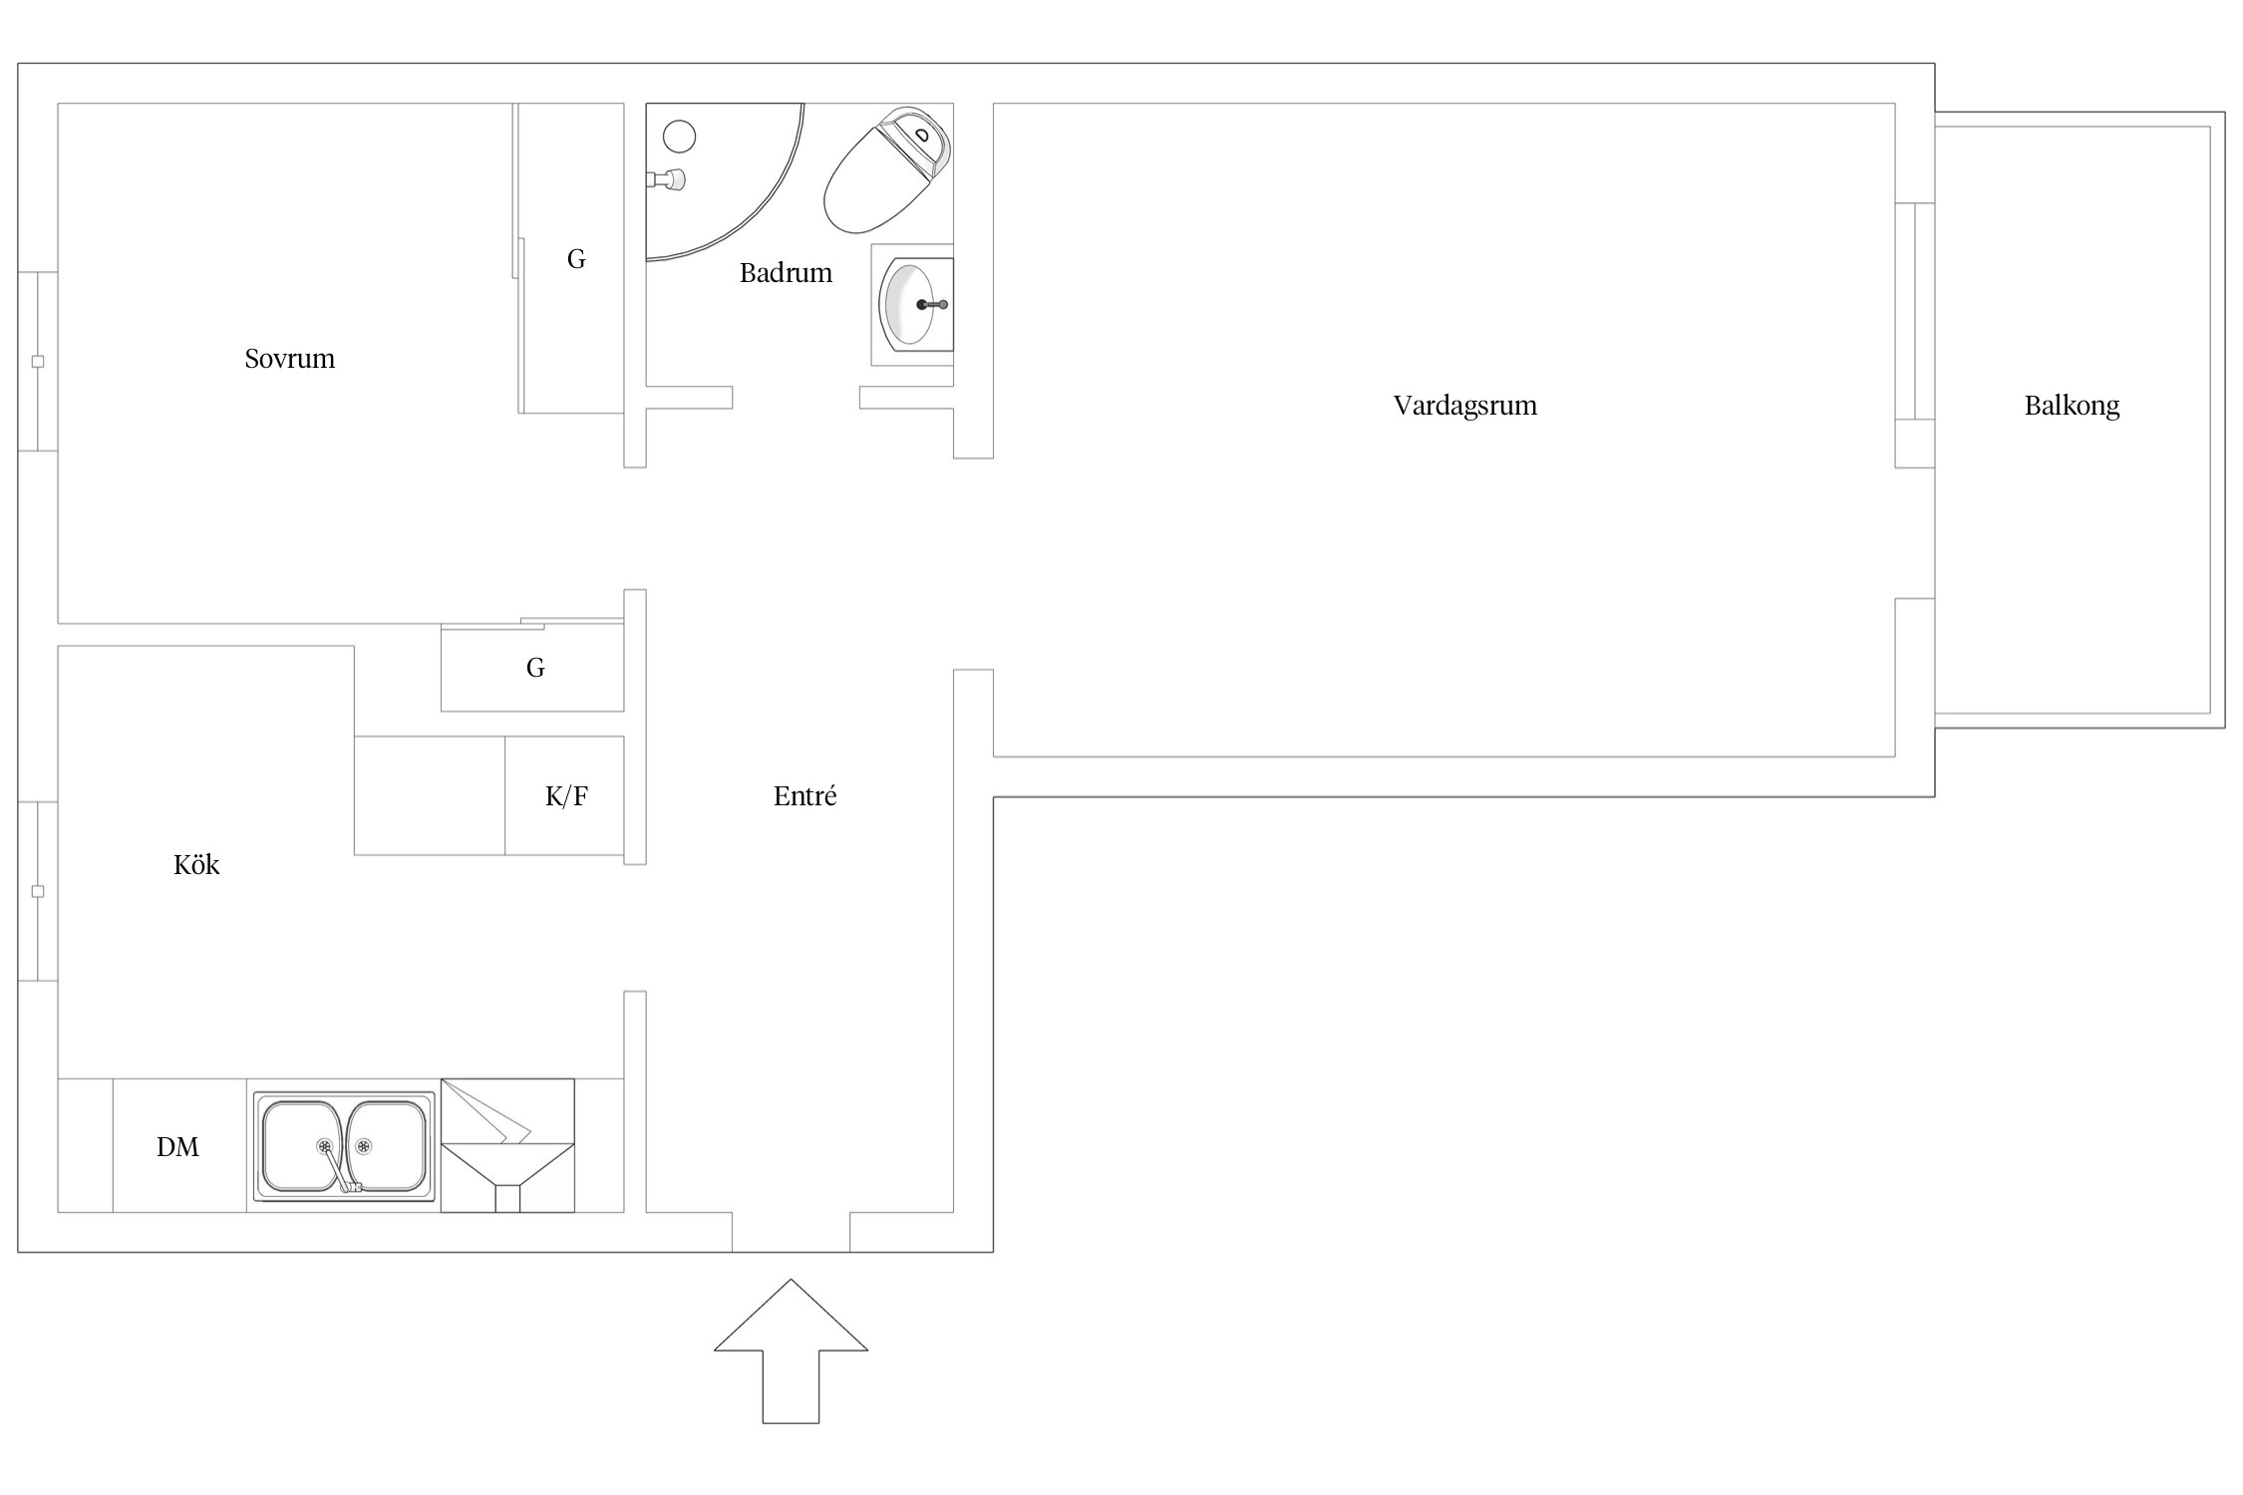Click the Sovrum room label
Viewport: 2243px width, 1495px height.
click(x=289, y=359)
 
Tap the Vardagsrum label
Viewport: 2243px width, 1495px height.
click(x=1464, y=406)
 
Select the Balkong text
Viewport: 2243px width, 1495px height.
click(x=2072, y=406)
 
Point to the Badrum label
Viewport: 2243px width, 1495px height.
click(x=786, y=273)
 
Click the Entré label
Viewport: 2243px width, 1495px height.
click(x=804, y=796)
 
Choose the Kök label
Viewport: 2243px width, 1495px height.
click(x=196, y=864)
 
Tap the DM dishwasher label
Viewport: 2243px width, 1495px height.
click(x=177, y=1147)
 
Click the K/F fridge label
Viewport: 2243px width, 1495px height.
click(x=566, y=796)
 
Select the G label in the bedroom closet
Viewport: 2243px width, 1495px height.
click(x=576, y=259)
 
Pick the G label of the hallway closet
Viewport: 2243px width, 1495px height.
click(x=535, y=668)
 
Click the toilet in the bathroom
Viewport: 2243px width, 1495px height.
click(x=887, y=169)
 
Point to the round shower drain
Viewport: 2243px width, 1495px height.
click(x=680, y=136)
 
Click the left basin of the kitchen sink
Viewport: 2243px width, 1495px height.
click(x=302, y=1146)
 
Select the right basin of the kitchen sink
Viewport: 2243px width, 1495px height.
click(x=386, y=1146)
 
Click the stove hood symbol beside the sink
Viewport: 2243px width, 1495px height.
click(x=507, y=1145)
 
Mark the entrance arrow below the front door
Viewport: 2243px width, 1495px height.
click(x=791, y=1350)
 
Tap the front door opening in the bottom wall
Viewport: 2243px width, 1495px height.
click(x=791, y=1232)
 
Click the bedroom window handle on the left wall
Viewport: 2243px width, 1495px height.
click(x=38, y=362)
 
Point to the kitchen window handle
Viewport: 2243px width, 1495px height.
click(x=38, y=892)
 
